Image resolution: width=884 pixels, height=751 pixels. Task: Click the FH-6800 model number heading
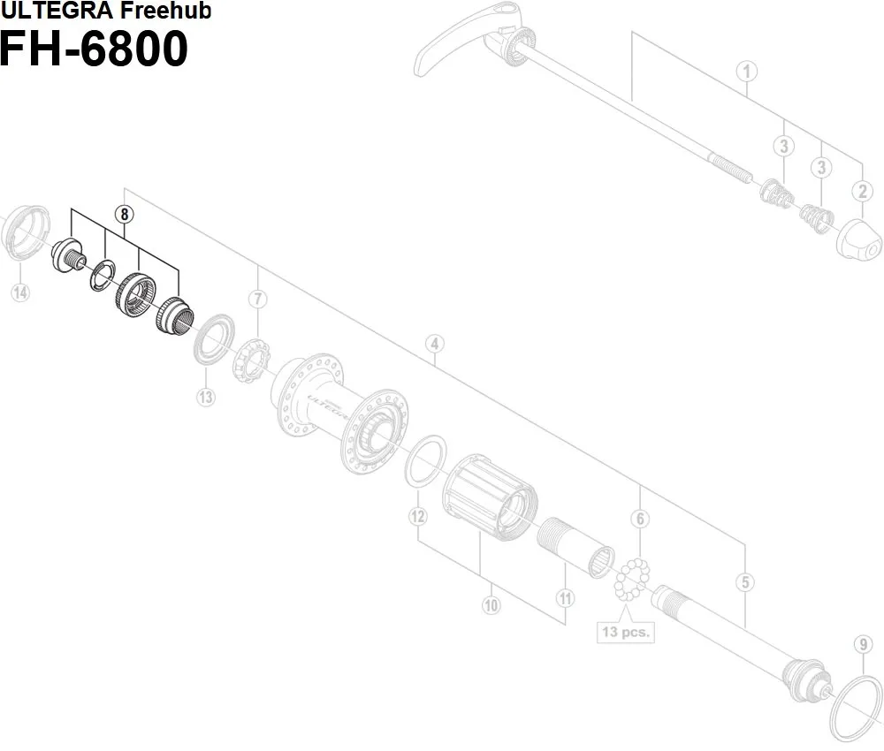(x=94, y=49)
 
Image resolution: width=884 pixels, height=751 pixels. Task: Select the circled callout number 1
(x=746, y=71)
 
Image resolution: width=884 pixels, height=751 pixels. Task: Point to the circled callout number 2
(x=863, y=190)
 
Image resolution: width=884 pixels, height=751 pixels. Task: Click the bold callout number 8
(x=126, y=213)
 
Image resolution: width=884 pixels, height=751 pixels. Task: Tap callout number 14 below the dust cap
(x=19, y=292)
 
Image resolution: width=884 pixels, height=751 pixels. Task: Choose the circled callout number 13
(x=205, y=397)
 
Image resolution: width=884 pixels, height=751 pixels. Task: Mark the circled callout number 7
(x=257, y=299)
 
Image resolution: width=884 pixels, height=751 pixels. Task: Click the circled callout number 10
(x=492, y=605)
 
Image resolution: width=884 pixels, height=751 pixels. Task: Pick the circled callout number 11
(x=565, y=598)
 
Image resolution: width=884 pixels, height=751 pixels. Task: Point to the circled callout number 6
(x=641, y=519)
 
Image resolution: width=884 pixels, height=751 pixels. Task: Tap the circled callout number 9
(x=863, y=644)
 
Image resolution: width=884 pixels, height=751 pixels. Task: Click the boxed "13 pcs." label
(x=625, y=632)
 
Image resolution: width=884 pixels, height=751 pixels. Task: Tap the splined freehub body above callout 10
(x=491, y=499)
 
